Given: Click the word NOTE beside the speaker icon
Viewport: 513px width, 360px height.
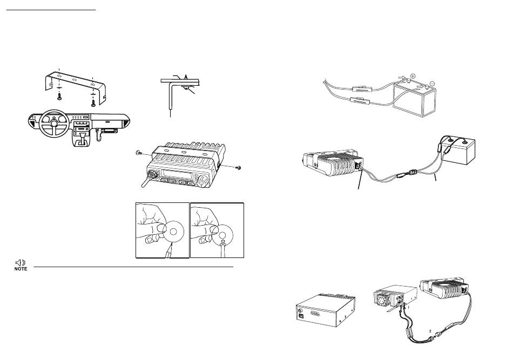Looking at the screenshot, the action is [21, 269].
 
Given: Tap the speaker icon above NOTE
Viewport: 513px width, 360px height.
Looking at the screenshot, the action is [21, 262].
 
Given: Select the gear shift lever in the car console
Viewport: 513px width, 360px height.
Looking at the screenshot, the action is [82, 137].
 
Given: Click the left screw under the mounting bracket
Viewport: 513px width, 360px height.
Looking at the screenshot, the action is [59, 96].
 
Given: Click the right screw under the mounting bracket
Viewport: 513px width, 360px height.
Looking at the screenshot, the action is [93, 102].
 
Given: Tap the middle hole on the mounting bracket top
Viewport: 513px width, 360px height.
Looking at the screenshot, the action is [75, 80].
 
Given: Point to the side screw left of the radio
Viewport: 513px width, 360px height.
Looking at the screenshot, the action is [138, 152].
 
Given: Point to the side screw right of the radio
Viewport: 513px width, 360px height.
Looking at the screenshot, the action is [239, 168].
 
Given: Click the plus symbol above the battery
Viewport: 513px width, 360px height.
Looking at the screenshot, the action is [413, 76].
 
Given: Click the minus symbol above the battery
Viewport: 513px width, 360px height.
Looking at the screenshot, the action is [432, 83].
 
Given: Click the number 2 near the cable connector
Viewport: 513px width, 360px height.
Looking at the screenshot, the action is [430, 331].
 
